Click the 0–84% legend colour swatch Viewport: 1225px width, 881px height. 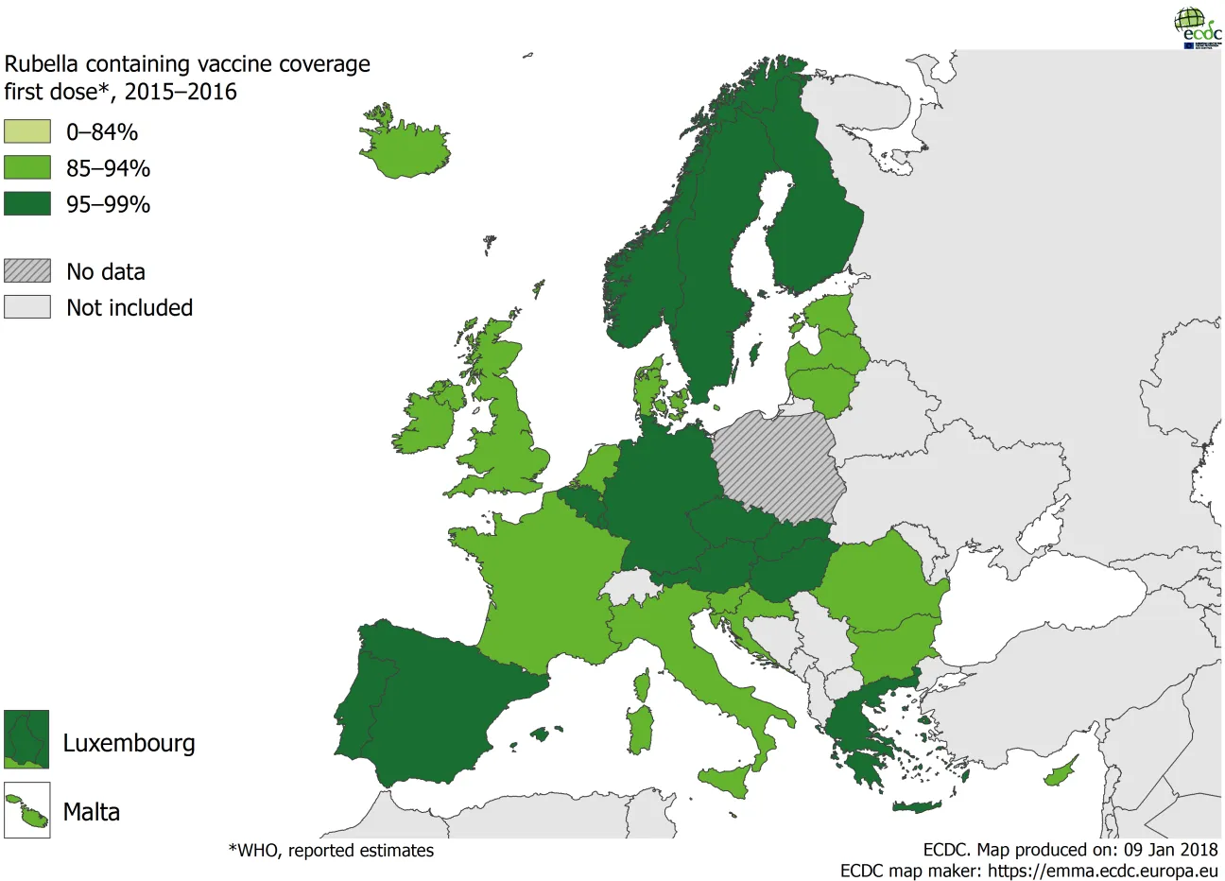coord(27,131)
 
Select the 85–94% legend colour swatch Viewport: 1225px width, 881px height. coord(27,167)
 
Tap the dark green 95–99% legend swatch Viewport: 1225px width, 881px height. coord(27,203)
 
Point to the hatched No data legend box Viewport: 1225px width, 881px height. coord(27,270)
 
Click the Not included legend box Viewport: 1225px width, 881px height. coord(27,307)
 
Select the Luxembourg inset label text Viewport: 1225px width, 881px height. coord(129,743)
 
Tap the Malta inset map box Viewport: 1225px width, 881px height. coord(26,810)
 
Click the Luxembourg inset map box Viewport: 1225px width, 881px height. coord(26,739)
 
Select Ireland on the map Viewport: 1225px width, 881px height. coord(427,421)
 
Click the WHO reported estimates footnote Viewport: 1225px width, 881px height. coord(331,851)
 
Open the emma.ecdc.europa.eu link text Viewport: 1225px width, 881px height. coord(1077,871)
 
